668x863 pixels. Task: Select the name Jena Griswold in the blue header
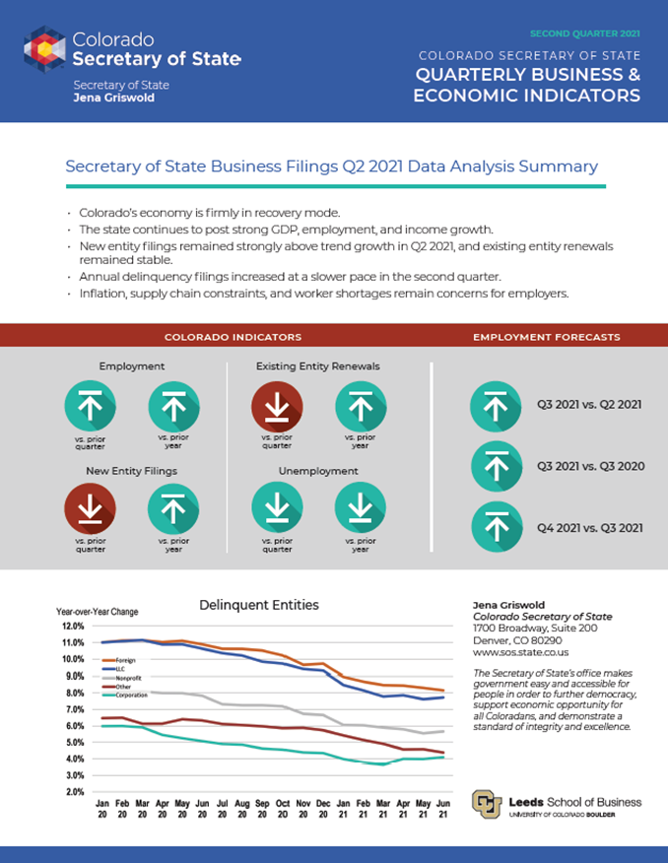pos(113,99)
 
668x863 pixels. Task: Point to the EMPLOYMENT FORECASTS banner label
pos(546,337)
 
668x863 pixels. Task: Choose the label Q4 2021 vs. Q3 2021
pos(589,528)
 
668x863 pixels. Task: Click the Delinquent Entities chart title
pos(259,604)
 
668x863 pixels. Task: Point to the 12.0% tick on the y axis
pos(74,626)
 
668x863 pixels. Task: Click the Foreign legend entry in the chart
pos(124,659)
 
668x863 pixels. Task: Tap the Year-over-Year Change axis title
pos(97,612)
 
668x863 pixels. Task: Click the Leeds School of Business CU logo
pos(487,804)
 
